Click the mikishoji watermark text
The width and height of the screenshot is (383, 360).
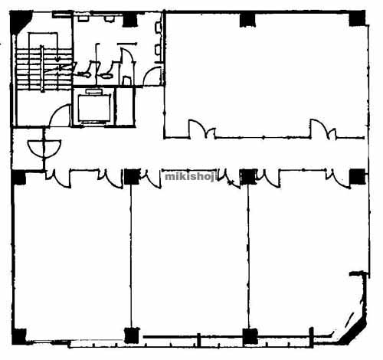[x=191, y=177]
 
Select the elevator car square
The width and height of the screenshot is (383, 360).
[x=94, y=107]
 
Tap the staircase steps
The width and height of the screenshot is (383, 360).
[x=43, y=69]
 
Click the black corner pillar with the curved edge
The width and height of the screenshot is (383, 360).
[x=21, y=22]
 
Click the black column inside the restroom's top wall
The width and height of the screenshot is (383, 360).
[x=130, y=20]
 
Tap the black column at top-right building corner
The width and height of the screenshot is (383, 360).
[x=357, y=18]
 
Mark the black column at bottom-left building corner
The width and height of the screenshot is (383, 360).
[x=19, y=336]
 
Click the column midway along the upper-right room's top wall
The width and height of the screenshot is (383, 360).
[x=247, y=19]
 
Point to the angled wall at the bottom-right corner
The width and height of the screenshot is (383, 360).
[x=353, y=329]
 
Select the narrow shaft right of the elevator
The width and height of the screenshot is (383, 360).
[x=124, y=106]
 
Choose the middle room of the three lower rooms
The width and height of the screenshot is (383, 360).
[x=189, y=258]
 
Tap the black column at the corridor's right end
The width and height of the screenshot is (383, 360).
[x=357, y=177]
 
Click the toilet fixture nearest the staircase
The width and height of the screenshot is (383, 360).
[x=85, y=73]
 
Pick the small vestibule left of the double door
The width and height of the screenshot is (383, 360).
[x=27, y=149]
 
